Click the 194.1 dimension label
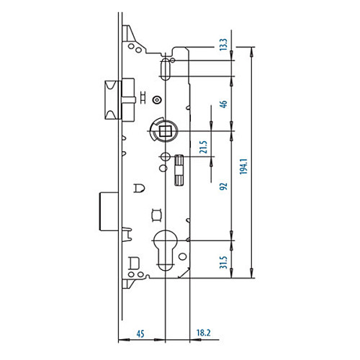coord(243,166)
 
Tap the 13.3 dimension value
coord(223,45)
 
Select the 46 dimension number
coord(223,104)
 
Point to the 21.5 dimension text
coord(203,147)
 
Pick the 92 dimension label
coord(223,186)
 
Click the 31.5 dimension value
coord(223,262)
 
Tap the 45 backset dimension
coord(140,334)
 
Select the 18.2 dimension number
coord(204,333)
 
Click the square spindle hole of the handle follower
coord(164,131)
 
